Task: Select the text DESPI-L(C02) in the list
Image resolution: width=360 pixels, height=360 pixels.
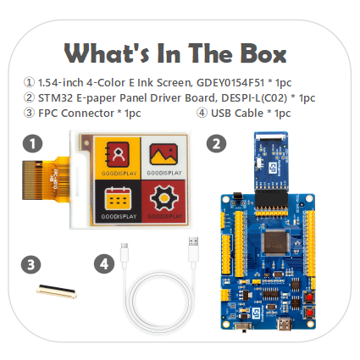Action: point(248,97)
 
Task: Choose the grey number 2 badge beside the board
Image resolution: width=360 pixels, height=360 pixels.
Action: point(217,143)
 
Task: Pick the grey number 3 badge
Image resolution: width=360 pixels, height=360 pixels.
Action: point(30,264)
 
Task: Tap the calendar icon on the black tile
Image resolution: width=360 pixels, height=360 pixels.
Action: point(118,200)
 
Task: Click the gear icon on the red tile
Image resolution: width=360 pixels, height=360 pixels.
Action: point(163,200)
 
